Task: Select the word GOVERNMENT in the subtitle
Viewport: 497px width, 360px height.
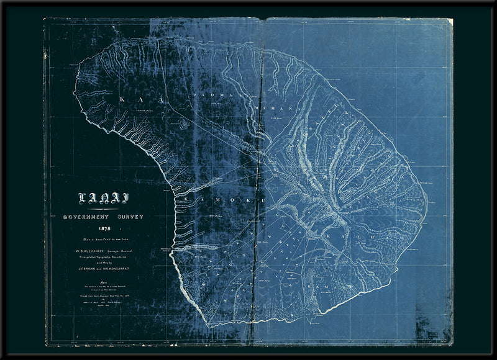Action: (86, 217)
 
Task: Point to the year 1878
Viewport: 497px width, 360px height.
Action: (103, 228)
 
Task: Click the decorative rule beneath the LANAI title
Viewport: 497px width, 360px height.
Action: (103, 210)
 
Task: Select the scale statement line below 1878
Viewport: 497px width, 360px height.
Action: (103, 238)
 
